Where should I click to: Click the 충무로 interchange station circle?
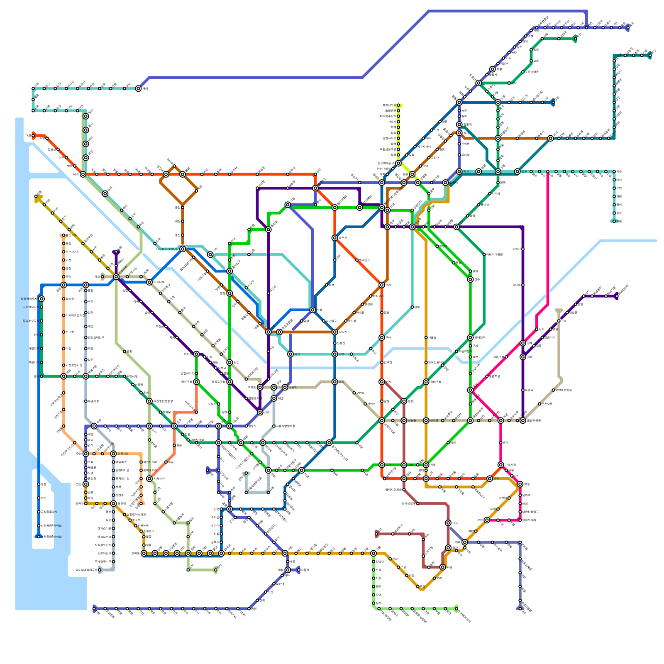334,238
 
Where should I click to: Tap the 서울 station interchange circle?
312,310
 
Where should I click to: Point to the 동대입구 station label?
364,260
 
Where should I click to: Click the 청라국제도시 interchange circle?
41,299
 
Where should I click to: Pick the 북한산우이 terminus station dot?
398,105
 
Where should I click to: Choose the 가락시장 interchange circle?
500,464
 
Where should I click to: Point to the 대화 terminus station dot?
33,135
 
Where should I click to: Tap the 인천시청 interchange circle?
113,454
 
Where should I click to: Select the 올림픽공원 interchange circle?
523,420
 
